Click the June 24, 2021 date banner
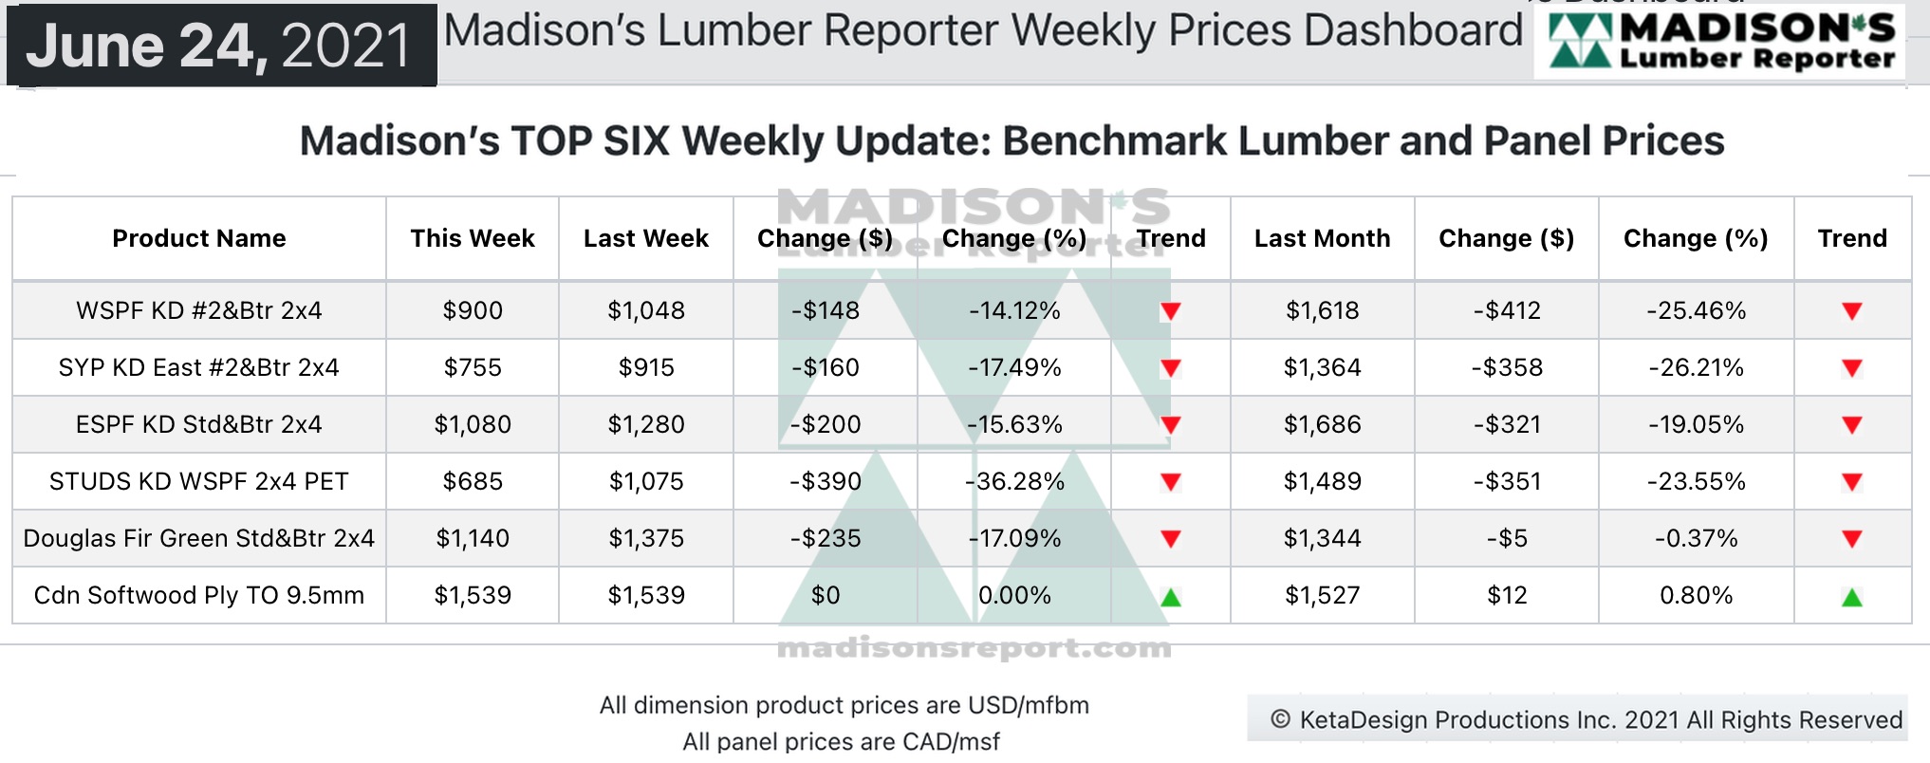[x=220, y=46]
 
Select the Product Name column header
[x=199, y=238]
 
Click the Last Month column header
[x=1322, y=238]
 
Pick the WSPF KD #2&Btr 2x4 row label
[x=199, y=310]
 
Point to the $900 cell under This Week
[x=473, y=310]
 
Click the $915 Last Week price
[x=646, y=367]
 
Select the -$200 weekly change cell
[x=826, y=424]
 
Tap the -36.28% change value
[x=1014, y=481]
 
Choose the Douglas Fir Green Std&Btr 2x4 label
[x=199, y=538]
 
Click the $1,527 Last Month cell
[x=1322, y=595]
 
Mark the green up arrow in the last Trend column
[x=1851, y=597]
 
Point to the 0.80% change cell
[x=1696, y=595]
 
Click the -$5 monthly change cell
[x=1507, y=538]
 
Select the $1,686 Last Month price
[x=1322, y=424]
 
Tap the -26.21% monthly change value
[x=1696, y=367]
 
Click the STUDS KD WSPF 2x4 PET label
[x=199, y=481]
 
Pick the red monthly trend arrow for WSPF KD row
[x=1851, y=311]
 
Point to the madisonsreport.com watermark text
[x=974, y=648]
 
